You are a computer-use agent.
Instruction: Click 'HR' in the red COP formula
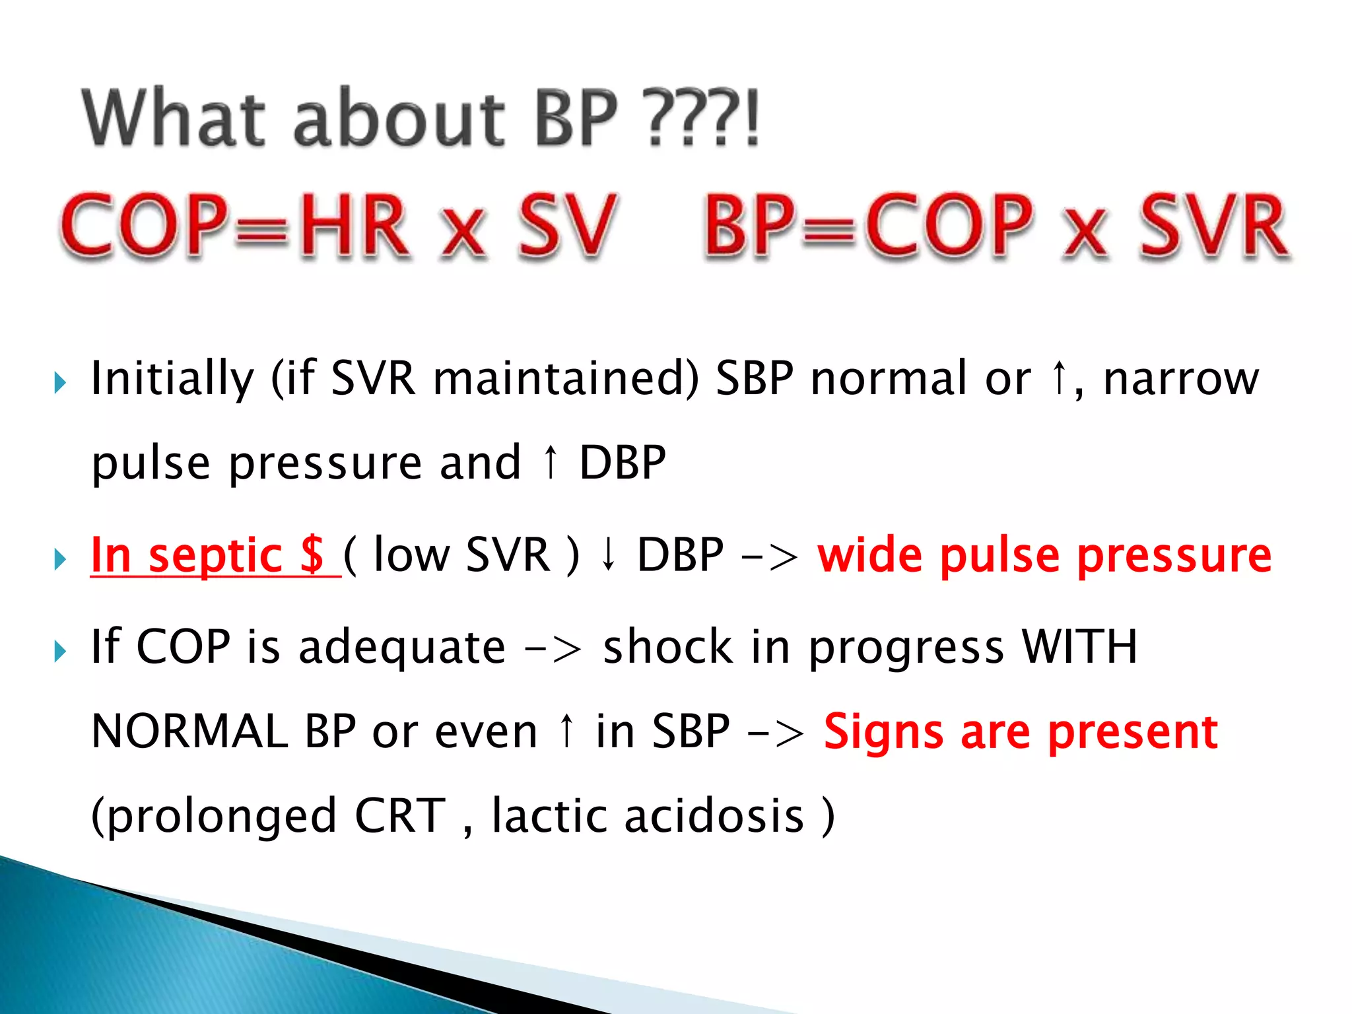(x=355, y=226)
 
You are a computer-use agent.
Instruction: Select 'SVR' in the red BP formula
(x=1213, y=226)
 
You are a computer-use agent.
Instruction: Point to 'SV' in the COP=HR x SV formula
(x=566, y=226)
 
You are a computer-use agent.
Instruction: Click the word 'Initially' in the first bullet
(x=172, y=379)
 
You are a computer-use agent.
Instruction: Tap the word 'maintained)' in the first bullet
(x=565, y=379)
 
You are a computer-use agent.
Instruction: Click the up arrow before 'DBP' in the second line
(x=551, y=461)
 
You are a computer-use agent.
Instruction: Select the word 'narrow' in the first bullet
(x=1181, y=379)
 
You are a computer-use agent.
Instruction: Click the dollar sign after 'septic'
(x=312, y=555)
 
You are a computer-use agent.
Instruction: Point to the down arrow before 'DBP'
(x=609, y=555)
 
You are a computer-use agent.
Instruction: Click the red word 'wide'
(x=870, y=555)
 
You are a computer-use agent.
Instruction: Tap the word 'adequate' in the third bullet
(x=401, y=647)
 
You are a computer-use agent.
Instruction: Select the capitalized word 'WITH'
(x=1079, y=647)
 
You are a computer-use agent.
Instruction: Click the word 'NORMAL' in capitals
(x=189, y=731)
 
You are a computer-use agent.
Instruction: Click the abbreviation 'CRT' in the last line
(x=400, y=816)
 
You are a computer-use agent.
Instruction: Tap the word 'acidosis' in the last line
(x=714, y=816)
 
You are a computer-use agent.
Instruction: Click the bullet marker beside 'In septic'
(x=60, y=559)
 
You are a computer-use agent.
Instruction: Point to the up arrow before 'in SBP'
(x=566, y=730)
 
